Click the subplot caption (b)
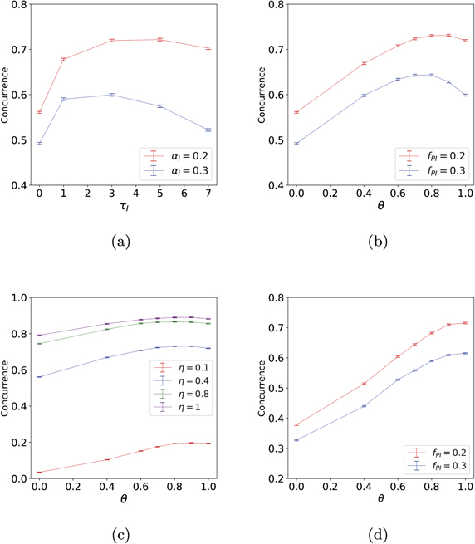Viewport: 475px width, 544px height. pos(379,242)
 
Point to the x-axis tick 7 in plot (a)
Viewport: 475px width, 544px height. pos(208,194)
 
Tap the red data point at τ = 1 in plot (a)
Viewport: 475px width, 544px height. pos(63,59)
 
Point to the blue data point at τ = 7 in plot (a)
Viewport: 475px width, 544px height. pos(208,130)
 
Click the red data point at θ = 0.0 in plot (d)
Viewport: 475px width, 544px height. pos(296,424)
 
